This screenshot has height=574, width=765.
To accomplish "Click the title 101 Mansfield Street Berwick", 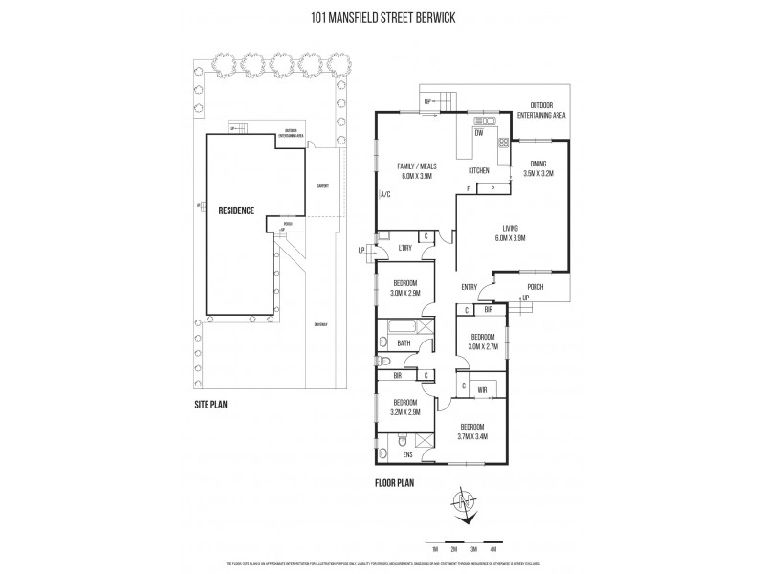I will pos(382,15).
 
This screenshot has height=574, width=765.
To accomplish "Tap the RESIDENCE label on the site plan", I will pos(235,210).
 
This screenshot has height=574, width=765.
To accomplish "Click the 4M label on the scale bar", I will pos(492,550).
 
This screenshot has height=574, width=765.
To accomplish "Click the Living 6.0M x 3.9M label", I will pos(511,232).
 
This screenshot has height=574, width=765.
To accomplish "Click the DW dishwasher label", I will pos(478,134).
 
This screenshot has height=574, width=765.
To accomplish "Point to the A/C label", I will pos(385,194).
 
